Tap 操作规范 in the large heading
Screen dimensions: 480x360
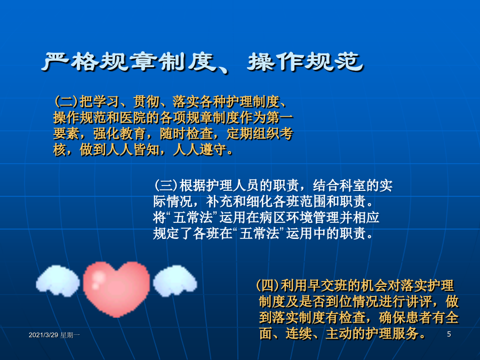(306, 62)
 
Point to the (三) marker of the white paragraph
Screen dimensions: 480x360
(166, 186)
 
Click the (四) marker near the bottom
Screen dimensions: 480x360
(268, 286)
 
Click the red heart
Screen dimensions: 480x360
(117, 289)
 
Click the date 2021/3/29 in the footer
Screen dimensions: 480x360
(44, 335)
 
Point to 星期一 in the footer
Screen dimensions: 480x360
(70, 335)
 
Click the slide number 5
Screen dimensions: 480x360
(449, 334)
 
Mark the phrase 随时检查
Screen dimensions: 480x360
(187, 134)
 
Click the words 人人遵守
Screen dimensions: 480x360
(200, 150)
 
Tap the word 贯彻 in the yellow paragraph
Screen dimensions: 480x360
(146, 102)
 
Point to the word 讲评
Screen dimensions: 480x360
(419, 302)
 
